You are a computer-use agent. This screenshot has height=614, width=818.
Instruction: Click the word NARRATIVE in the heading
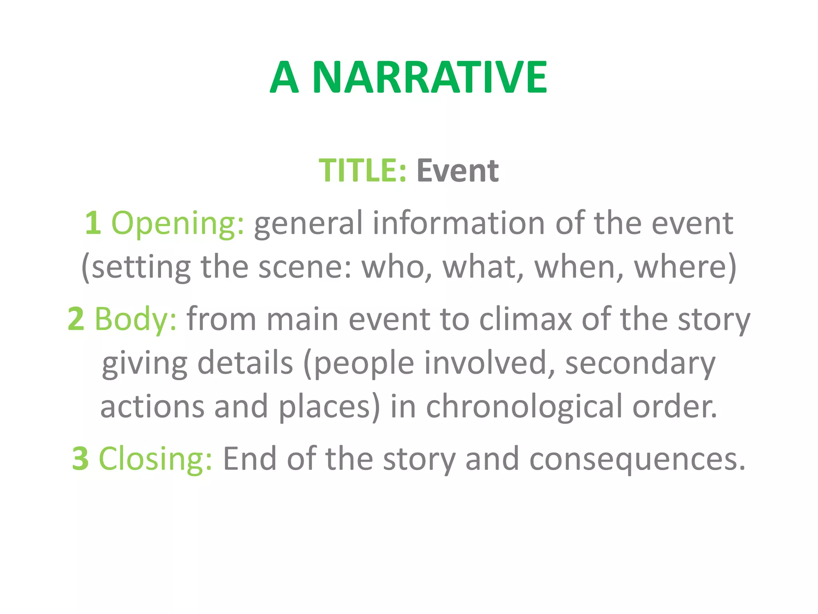click(x=429, y=77)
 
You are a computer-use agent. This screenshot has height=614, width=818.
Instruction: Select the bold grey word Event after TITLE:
click(x=457, y=171)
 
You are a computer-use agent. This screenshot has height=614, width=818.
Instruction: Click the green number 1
click(x=93, y=223)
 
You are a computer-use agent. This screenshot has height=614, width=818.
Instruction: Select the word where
click(x=681, y=267)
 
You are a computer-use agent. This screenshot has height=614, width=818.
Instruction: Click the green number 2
click(x=76, y=319)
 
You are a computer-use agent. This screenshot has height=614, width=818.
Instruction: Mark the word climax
click(x=525, y=319)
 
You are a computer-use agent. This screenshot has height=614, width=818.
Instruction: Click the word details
click(x=245, y=363)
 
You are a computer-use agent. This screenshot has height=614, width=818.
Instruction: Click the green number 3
click(x=80, y=459)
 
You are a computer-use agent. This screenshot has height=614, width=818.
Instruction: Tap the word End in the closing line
click(x=249, y=459)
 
